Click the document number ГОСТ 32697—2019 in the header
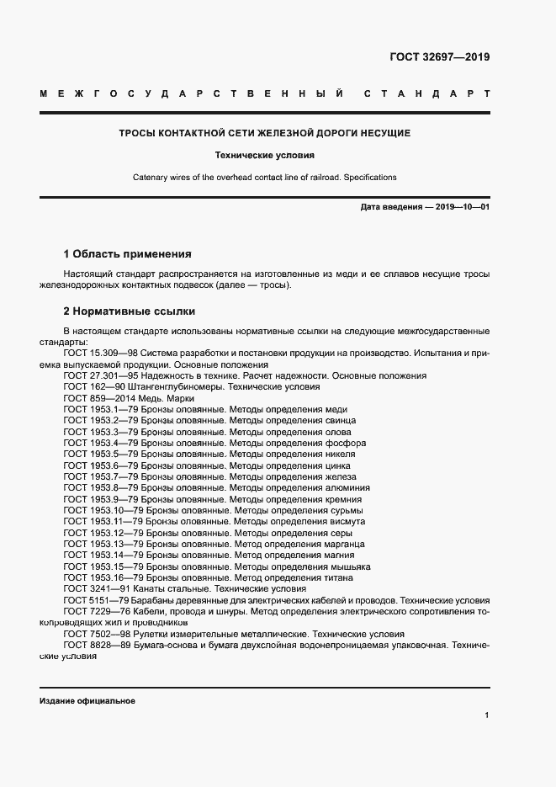coord(439,58)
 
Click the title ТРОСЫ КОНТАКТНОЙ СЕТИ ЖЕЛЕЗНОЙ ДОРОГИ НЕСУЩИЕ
coord(264,133)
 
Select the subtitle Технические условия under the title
coord(264,156)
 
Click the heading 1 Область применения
coord(128,253)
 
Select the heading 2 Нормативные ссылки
coord(129,310)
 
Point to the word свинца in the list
coord(339,420)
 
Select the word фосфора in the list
coord(344,443)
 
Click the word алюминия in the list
coord(347,487)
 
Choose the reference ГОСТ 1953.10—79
coord(103,510)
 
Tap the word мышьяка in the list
coord(346,566)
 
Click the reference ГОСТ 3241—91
coord(96,589)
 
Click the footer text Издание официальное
coord(87,700)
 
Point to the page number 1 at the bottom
coord(486,715)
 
